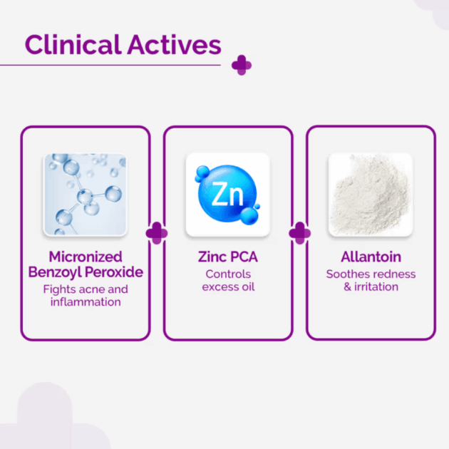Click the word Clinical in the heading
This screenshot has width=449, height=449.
[x=73, y=44]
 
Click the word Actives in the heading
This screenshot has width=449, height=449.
[x=175, y=44]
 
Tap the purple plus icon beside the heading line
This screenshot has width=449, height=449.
[x=242, y=66]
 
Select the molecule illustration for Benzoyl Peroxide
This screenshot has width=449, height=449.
[x=85, y=195]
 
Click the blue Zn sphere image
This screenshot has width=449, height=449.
[x=228, y=195]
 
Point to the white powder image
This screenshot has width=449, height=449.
[x=371, y=195]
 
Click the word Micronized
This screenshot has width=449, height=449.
[x=86, y=257]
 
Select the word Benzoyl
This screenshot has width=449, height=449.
[x=55, y=272]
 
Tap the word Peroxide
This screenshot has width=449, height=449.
[x=114, y=272]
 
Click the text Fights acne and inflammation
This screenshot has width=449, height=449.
[x=86, y=296]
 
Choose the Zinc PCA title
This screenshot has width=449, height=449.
[x=228, y=257]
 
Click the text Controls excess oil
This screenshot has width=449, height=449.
[x=228, y=280]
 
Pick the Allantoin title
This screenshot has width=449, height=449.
[x=371, y=257]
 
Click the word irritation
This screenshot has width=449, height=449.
[x=376, y=287]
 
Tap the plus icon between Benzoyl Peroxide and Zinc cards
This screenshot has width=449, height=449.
[x=157, y=233]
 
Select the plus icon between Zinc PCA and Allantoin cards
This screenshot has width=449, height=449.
[x=300, y=233]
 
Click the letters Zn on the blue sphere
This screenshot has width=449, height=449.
[x=227, y=195]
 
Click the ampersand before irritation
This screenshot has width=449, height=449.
[x=347, y=287]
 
